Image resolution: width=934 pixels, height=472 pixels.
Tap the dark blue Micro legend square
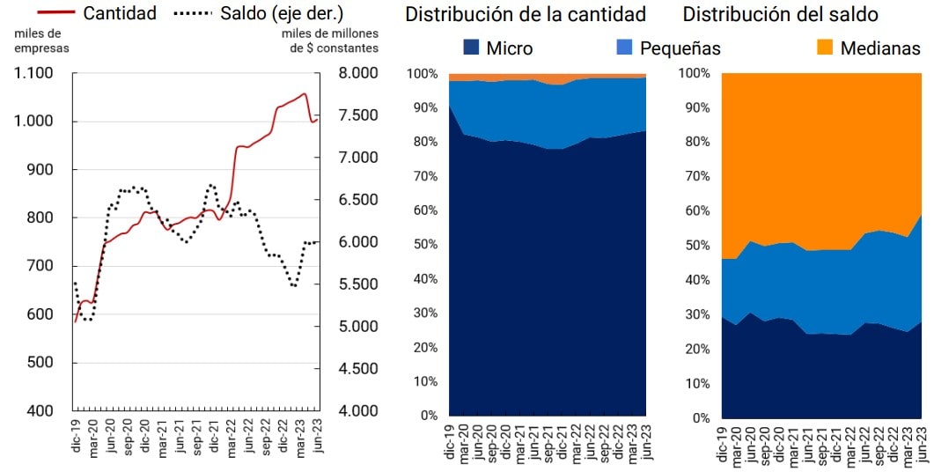[x=470, y=47]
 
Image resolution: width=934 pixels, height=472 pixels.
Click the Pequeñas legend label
[x=680, y=48]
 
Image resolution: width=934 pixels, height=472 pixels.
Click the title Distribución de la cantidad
[x=526, y=14]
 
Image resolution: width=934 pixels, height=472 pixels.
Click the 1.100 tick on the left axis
[x=34, y=73]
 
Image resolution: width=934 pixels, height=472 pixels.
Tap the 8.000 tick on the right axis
[x=358, y=73]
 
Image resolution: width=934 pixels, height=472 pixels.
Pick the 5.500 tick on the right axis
[x=358, y=284]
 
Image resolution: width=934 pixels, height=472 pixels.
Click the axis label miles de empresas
[x=41, y=41]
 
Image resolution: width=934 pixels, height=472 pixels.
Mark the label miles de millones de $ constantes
[x=330, y=41]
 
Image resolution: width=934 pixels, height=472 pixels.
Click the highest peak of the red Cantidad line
[x=305, y=93]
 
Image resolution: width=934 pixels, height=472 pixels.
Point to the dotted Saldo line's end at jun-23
[x=318, y=241]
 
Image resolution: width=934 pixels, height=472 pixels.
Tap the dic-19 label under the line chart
[x=76, y=437]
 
